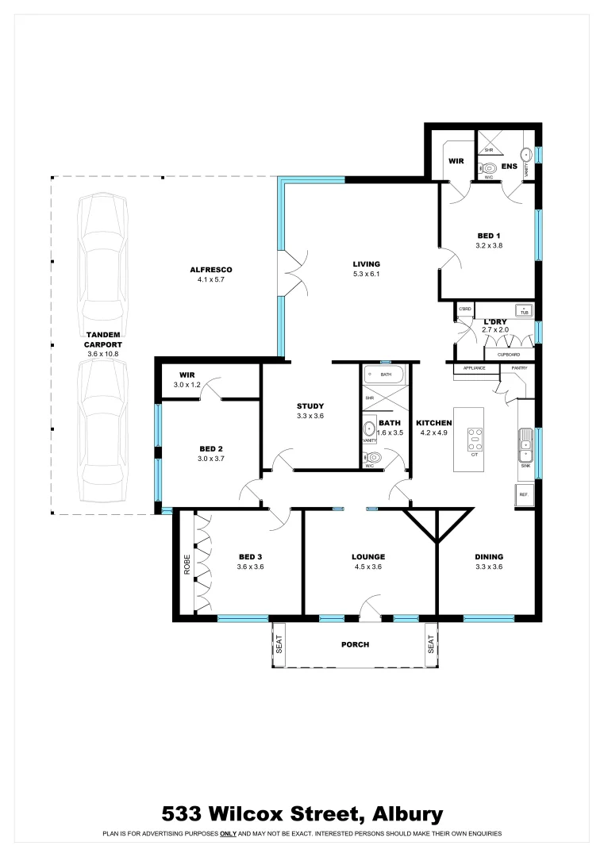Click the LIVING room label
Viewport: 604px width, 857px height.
[x=367, y=264]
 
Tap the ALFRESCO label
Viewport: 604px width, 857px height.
[x=210, y=270]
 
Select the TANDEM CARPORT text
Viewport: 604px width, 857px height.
[x=103, y=340]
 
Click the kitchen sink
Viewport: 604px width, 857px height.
[x=525, y=444]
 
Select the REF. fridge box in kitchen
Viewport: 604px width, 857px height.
[x=524, y=494]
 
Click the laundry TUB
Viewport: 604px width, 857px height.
[x=524, y=309]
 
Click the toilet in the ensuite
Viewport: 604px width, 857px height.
[x=489, y=167]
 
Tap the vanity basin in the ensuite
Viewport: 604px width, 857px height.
[x=525, y=155]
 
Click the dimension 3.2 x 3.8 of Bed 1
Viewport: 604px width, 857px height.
[x=489, y=245]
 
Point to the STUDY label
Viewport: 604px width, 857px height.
[x=310, y=405]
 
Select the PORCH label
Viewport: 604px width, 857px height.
[x=355, y=644]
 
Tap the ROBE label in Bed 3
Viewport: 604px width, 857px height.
[x=187, y=564]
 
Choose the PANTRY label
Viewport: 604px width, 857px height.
[x=519, y=368]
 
